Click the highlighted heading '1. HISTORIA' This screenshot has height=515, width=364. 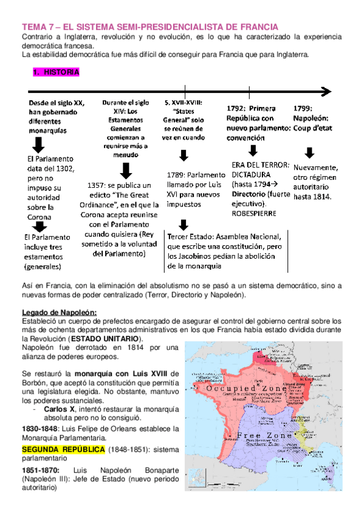(55, 72)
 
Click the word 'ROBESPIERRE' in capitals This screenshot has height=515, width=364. (254, 213)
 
